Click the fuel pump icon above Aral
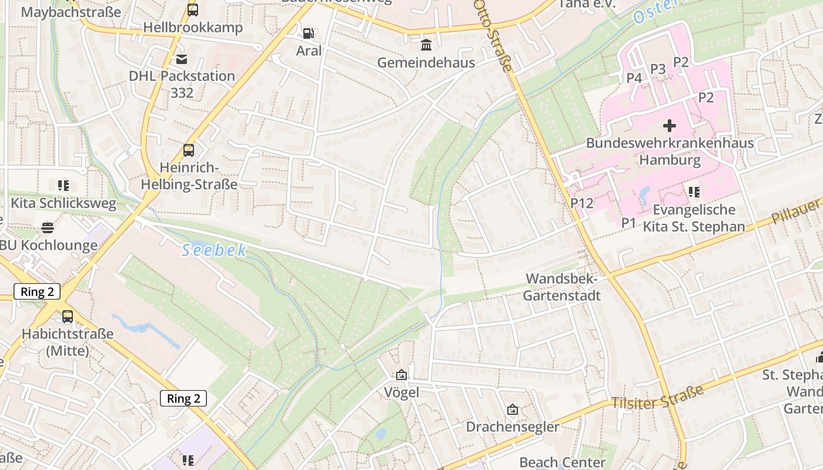[x=308, y=33]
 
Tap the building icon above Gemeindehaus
[x=426, y=45]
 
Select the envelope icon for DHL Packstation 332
[x=181, y=59]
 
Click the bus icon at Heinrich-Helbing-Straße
[x=188, y=150]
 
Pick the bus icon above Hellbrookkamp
[x=192, y=10]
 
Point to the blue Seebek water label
[x=214, y=251]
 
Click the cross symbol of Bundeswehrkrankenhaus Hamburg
[x=669, y=125]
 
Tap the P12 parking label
[x=582, y=203]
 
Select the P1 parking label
[x=629, y=222]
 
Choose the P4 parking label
[x=634, y=78]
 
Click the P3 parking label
[x=657, y=69]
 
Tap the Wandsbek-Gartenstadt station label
[x=561, y=287]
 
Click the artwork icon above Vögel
[x=401, y=375]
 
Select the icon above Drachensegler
[x=512, y=409]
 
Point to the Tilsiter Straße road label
[x=657, y=397]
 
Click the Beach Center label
[x=562, y=462]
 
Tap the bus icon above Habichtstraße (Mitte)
[x=68, y=317]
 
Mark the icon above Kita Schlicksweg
[x=63, y=186]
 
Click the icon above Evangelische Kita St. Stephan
[x=694, y=192]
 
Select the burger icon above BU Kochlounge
[x=48, y=227]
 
